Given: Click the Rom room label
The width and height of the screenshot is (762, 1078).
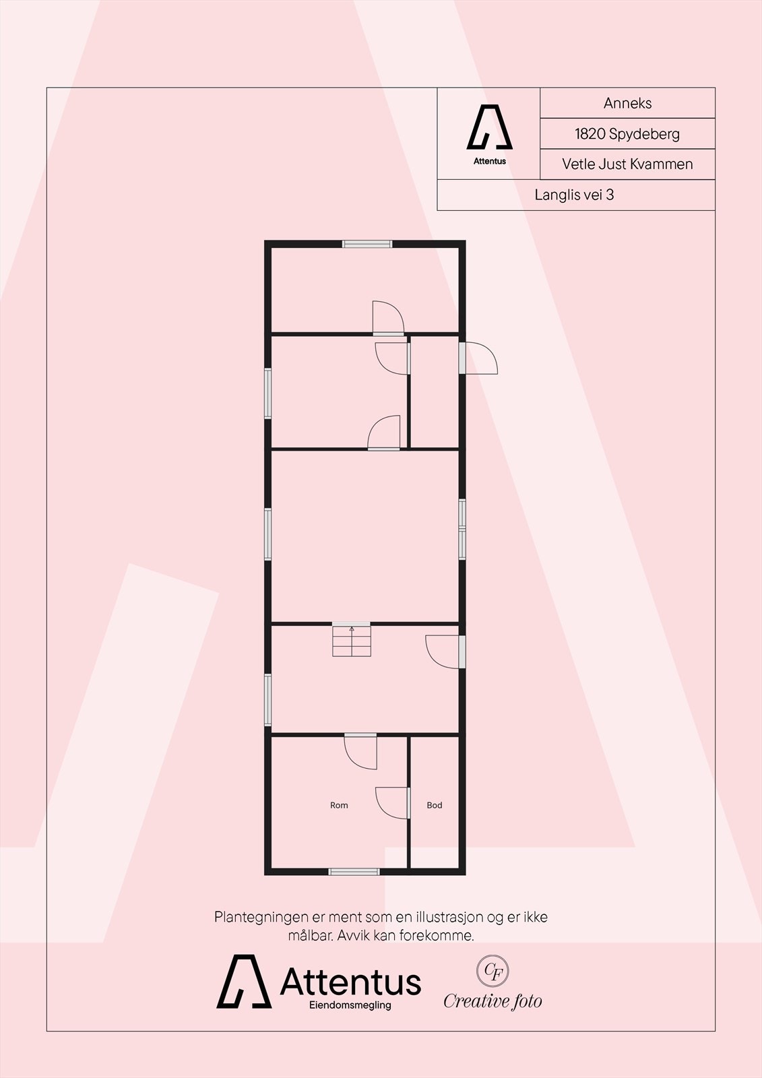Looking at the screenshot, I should pyautogui.click(x=339, y=805).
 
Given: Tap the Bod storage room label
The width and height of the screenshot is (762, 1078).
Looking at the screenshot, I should pyautogui.click(x=435, y=805).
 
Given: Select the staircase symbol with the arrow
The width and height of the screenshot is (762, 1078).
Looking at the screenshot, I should pyautogui.click(x=351, y=641).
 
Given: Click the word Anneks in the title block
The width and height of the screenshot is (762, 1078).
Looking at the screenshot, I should pyautogui.click(x=627, y=103).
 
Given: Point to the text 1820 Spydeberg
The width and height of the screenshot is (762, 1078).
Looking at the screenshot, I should pyautogui.click(x=627, y=133).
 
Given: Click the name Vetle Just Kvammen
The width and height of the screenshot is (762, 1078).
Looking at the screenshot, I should pyautogui.click(x=627, y=164).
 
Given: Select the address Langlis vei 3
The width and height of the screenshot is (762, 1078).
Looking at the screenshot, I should pyautogui.click(x=575, y=195).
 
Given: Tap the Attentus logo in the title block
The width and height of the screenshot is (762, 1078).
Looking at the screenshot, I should pyautogui.click(x=490, y=132).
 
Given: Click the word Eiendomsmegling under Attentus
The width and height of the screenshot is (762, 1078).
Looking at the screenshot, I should pyautogui.click(x=350, y=1006).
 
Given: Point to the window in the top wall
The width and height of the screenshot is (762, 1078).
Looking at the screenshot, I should pyautogui.click(x=367, y=244).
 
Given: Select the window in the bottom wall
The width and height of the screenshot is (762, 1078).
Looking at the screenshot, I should pyautogui.click(x=354, y=871).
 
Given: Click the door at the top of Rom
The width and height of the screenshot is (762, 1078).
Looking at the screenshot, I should pyautogui.click(x=360, y=751).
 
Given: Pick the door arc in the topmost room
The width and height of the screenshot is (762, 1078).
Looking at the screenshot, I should pyautogui.click(x=388, y=317).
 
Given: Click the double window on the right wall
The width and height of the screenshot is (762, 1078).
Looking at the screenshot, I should pyautogui.click(x=462, y=529).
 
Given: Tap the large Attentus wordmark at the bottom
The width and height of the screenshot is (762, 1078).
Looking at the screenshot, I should pyautogui.click(x=350, y=982).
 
